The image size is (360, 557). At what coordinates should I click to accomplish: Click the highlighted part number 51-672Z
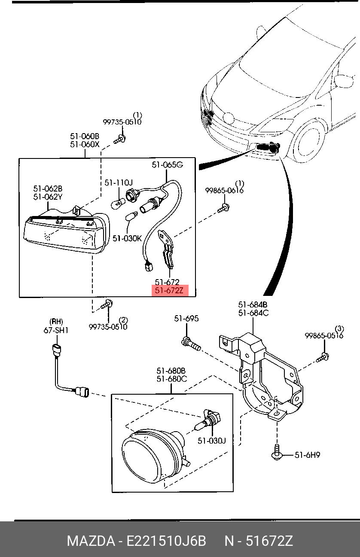[x=169, y=290]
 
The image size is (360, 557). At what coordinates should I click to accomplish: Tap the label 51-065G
[x=168, y=164]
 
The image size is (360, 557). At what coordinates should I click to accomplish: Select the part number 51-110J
[x=119, y=183]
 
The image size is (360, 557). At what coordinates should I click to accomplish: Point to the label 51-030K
[x=127, y=238]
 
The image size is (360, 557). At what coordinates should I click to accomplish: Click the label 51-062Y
[x=48, y=197]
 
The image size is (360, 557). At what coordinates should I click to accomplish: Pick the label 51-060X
[x=85, y=144]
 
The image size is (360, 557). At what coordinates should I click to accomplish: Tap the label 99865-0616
[x=224, y=191]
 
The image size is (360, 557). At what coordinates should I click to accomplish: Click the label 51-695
[x=186, y=319]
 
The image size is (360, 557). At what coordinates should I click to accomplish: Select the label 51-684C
[x=253, y=313]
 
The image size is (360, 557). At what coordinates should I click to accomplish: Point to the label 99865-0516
[x=324, y=336]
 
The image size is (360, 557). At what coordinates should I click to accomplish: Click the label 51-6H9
[x=307, y=455]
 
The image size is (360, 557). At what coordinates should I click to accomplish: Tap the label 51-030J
[x=212, y=441]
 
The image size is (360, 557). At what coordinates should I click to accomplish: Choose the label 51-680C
[x=172, y=379]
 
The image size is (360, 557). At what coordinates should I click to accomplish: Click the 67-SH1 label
[x=56, y=330]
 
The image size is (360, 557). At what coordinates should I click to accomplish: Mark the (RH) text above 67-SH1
[x=56, y=322]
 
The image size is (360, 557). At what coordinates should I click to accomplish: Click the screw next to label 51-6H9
[x=277, y=453]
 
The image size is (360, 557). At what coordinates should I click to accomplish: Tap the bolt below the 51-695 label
[x=191, y=344]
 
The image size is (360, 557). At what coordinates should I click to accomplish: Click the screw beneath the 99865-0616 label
[x=223, y=208]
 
